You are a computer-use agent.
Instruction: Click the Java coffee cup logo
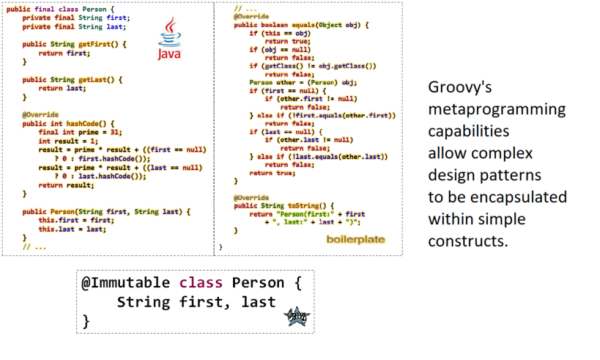[169, 41]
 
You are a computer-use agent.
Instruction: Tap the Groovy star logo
[297, 317]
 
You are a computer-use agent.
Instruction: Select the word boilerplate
[355, 239]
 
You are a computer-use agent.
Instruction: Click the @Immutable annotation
[125, 283]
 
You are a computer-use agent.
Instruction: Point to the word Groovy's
[459, 87]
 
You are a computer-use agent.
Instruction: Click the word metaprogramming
[497, 109]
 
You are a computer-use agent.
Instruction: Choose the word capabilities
[469, 131]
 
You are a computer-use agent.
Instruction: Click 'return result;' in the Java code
[62, 185]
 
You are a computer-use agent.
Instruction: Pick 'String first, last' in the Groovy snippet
[196, 302]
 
